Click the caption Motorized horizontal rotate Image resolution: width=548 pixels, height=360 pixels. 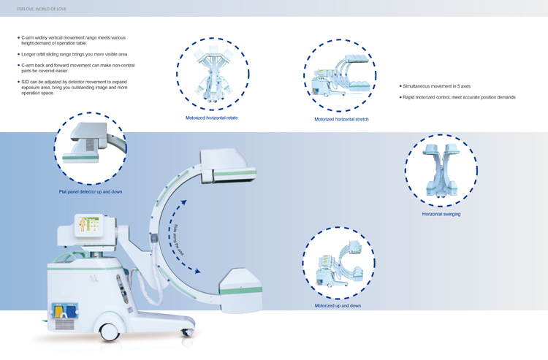[211, 118]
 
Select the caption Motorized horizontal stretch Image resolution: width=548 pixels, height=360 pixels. [341, 119]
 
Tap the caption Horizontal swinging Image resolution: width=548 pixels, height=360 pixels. [441, 214]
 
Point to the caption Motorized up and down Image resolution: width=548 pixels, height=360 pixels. [338, 305]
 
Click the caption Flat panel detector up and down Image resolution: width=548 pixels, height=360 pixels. [91, 191]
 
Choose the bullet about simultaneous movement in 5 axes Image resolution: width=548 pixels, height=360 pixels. [436, 86]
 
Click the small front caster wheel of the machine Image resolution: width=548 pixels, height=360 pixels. [186, 332]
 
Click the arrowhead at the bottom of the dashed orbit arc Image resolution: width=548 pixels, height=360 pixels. [196, 271]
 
